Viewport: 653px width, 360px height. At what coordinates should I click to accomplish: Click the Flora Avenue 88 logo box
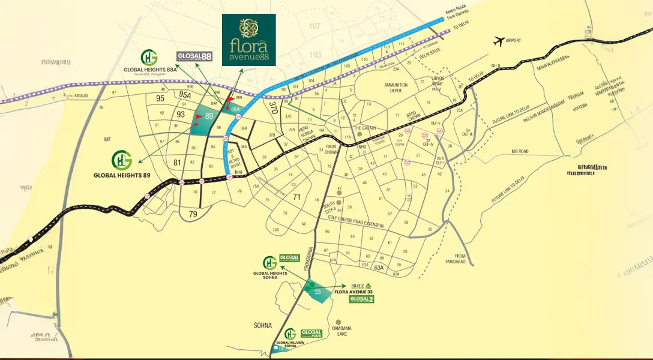point(249,40)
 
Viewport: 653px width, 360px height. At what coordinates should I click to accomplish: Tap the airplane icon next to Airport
point(498,41)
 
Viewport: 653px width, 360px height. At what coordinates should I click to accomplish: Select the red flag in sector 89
point(199,117)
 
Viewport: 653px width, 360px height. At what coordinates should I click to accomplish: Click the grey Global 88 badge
point(194,56)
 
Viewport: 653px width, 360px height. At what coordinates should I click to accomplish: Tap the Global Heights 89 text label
point(121,176)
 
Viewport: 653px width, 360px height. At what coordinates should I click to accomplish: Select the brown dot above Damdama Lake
point(339,322)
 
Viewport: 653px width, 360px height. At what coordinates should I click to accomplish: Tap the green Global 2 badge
point(361,299)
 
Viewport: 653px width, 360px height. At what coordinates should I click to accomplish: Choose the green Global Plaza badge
point(311,333)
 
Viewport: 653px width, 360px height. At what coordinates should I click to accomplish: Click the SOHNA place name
point(262,325)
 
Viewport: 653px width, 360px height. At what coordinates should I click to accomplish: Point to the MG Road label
point(519,152)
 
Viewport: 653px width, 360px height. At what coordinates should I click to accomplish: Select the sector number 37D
point(273,107)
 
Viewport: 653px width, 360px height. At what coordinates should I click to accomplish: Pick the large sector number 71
point(296,197)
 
